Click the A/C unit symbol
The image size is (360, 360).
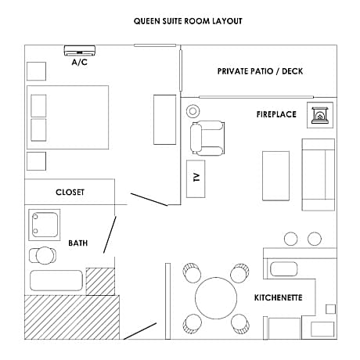pyautogui.click(x=80, y=50)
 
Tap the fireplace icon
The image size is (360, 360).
pyautogui.click(x=320, y=115)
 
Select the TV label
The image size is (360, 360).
pyautogui.click(x=196, y=178)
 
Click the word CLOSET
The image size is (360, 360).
pyautogui.click(x=70, y=193)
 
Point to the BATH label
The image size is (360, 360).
pyautogui.click(x=77, y=243)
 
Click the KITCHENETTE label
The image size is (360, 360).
pyautogui.click(x=278, y=297)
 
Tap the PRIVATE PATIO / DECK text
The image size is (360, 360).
pyautogui.click(x=260, y=71)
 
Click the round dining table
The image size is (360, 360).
pyautogui.click(x=216, y=298)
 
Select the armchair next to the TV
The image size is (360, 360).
pyautogui.click(x=207, y=138)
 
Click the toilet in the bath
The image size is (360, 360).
pyautogui.click(x=42, y=256)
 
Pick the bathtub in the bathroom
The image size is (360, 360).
pyautogui.click(x=56, y=280)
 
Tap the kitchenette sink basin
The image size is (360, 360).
pyautogui.click(x=284, y=269)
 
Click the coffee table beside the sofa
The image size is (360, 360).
pyautogui.click(x=275, y=176)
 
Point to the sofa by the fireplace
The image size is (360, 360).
pyautogui.click(x=319, y=175)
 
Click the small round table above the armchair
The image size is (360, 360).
pyautogui.click(x=193, y=111)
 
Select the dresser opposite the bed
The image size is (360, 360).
pyautogui.click(x=164, y=120)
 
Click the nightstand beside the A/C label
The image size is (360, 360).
pyautogui.click(x=36, y=71)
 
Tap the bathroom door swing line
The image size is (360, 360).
pyautogui.click(x=110, y=235)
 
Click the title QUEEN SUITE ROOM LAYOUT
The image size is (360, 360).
pyautogui.click(x=188, y=21)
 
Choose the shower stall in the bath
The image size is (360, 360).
pyautogui.click(x=45, y=225)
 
